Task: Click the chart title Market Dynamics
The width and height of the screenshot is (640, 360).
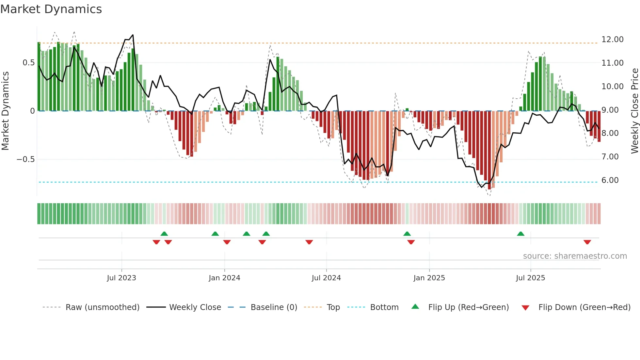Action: coord(51,9)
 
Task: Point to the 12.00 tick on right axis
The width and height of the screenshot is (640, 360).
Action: coord(612,40)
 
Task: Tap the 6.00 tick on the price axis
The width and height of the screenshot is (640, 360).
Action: coord(610,180)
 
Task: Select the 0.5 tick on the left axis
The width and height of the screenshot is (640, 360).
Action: coord(29,63)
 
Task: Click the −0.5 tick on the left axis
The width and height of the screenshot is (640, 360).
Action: coord(26,159)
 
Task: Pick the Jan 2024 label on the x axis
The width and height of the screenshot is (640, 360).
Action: coord(224,278)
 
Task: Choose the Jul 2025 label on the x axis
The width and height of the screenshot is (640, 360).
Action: coord(530,278)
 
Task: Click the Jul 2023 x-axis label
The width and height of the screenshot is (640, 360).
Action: coord(121,278)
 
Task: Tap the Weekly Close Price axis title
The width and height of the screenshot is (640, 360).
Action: coord(634,111)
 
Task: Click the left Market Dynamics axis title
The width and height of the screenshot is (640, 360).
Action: coord(5,111)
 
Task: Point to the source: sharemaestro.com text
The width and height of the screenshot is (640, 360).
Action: coord(575,256)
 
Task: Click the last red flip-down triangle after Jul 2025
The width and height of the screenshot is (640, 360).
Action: coord(587,242)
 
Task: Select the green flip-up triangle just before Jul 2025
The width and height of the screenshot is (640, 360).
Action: coord(520,234)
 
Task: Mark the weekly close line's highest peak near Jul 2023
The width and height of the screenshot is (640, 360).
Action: coord(133,35)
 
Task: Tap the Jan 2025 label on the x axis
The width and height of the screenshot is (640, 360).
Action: coord(429,278)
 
